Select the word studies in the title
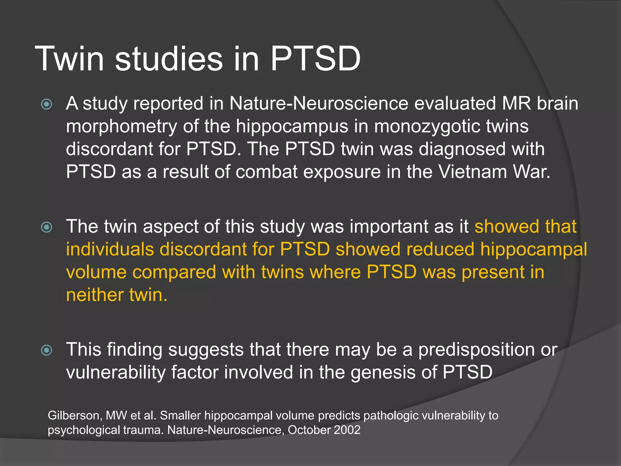point(169,59)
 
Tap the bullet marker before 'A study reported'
point(47,104)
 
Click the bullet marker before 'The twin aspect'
point(47,227)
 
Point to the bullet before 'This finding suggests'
point(47,350)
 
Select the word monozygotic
point(427,127)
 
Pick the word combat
point(267,172)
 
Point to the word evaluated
point(455,104)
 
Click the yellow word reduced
point(440,249)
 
